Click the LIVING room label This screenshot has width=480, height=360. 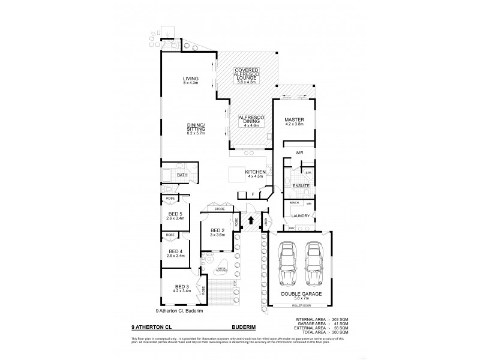[191, 79]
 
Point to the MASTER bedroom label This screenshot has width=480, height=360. [294, 119]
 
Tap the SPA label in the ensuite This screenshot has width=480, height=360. [308, 173]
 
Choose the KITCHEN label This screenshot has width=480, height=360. [255, 173]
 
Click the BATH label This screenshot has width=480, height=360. [182, 175]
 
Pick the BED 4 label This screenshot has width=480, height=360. [175, 251]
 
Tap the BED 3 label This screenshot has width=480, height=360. [182, 287]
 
